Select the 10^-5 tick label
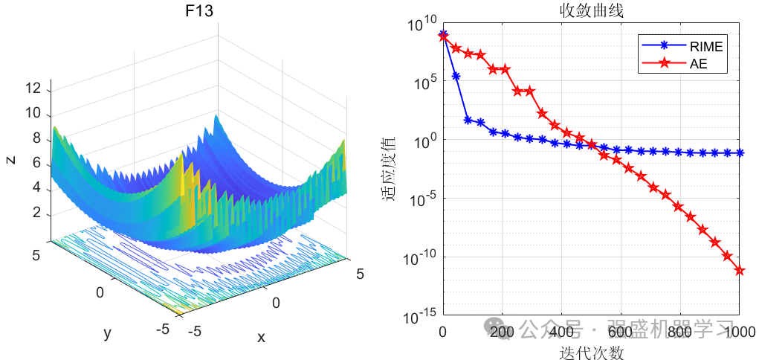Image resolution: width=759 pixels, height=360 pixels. coord(422,199)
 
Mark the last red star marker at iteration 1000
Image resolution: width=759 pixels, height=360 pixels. coord(740,271)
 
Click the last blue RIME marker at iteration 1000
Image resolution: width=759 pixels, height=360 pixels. coord(740,153)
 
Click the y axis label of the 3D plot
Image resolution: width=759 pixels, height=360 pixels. coord(107,333)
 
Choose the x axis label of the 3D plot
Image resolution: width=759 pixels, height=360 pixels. coord(261,337)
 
